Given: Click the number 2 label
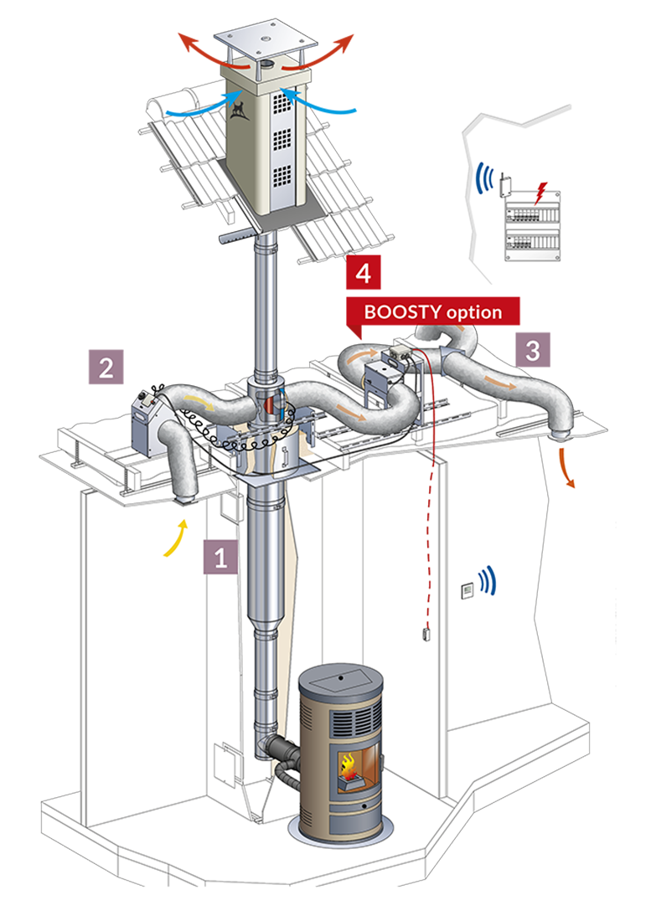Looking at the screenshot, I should (106, 368).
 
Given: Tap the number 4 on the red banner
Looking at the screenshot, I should (363, 274).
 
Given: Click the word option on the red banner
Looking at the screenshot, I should (473, 312).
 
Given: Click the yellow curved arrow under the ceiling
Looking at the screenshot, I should (174, 538).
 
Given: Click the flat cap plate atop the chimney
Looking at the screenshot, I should (267, 41).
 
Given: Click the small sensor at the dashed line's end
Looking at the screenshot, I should (426, 634).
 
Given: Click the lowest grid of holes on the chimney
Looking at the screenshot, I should (282, 176).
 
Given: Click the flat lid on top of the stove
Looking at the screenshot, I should (340, 677).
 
